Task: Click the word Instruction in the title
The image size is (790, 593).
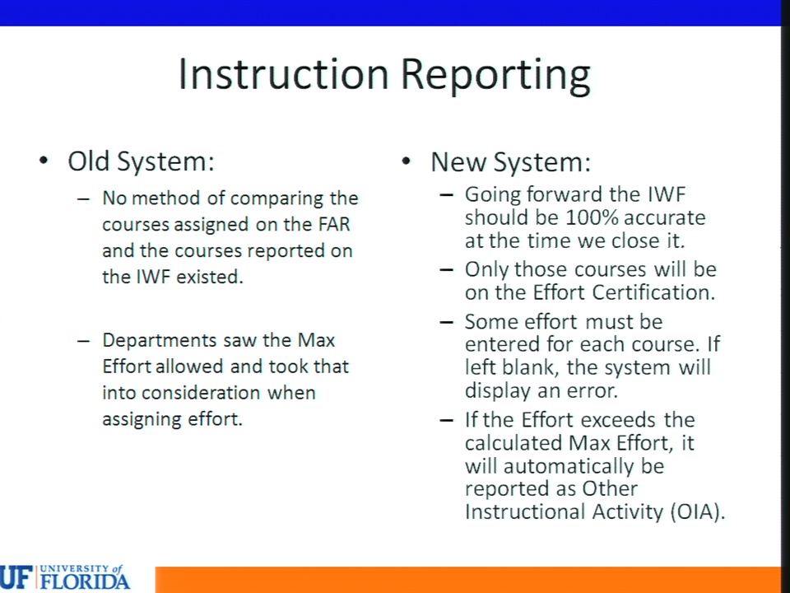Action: [x=284, y=75]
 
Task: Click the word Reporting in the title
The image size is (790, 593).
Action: [x=495, y=77]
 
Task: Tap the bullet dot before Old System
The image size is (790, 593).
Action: [x=44, y=161]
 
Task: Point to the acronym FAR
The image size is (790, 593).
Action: [x=334, y=224]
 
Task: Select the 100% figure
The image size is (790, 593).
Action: [x=588, y=217]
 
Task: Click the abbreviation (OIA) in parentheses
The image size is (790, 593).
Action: [x=698, y=511]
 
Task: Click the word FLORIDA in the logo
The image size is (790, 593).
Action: [x=85, y=581]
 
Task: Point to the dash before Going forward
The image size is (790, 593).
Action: [x=446, y=194]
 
